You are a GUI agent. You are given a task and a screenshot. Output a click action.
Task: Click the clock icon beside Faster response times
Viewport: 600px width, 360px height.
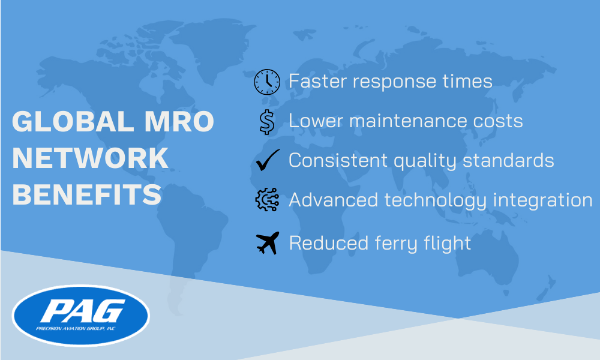(267, 82)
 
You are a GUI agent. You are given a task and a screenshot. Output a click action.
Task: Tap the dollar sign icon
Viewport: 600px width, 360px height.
(267, 122)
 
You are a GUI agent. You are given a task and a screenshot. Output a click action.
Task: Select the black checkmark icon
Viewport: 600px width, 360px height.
(267, 161)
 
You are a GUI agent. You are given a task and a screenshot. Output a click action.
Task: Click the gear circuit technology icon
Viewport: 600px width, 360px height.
(267, 200)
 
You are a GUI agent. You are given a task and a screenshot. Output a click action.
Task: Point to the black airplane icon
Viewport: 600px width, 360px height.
(267, 243)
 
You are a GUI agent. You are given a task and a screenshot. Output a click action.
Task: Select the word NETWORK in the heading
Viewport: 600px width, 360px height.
(90, 158)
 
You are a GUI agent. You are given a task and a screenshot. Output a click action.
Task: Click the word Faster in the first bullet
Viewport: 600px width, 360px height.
(316, 81)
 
